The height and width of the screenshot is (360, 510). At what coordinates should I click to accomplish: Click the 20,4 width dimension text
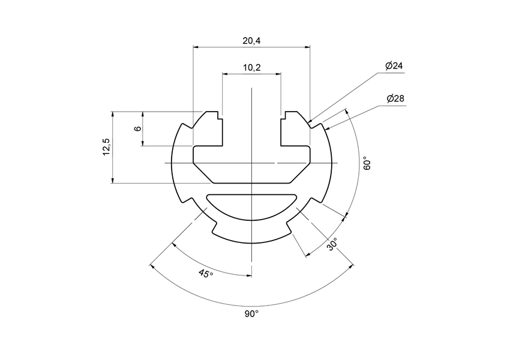click(251, 40)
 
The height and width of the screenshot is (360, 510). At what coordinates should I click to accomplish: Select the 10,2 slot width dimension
click(251, 68)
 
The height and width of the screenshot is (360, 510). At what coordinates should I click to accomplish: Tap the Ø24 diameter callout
click(394, 66)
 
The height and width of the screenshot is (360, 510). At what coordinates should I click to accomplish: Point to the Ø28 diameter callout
click(394, 98)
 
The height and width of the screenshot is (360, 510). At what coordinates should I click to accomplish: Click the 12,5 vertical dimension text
click(106, 147)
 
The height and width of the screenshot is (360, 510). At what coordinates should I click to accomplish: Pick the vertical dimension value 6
click(137, 128)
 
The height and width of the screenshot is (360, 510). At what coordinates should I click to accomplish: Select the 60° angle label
click(367, 163)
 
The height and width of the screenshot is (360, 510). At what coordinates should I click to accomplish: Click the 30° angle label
click(332, 244)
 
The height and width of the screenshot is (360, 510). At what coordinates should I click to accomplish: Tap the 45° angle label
click(205, 274)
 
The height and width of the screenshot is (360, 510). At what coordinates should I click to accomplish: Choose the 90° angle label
click(251, 314)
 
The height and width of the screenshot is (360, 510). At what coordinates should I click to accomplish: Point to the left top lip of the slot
click(212, 116)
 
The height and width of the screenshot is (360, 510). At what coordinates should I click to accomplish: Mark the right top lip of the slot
click(292, 116)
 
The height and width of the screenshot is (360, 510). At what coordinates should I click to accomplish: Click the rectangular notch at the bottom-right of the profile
click(289, 227)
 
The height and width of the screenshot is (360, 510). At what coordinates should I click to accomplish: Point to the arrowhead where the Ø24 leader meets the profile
click(310, 122)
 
